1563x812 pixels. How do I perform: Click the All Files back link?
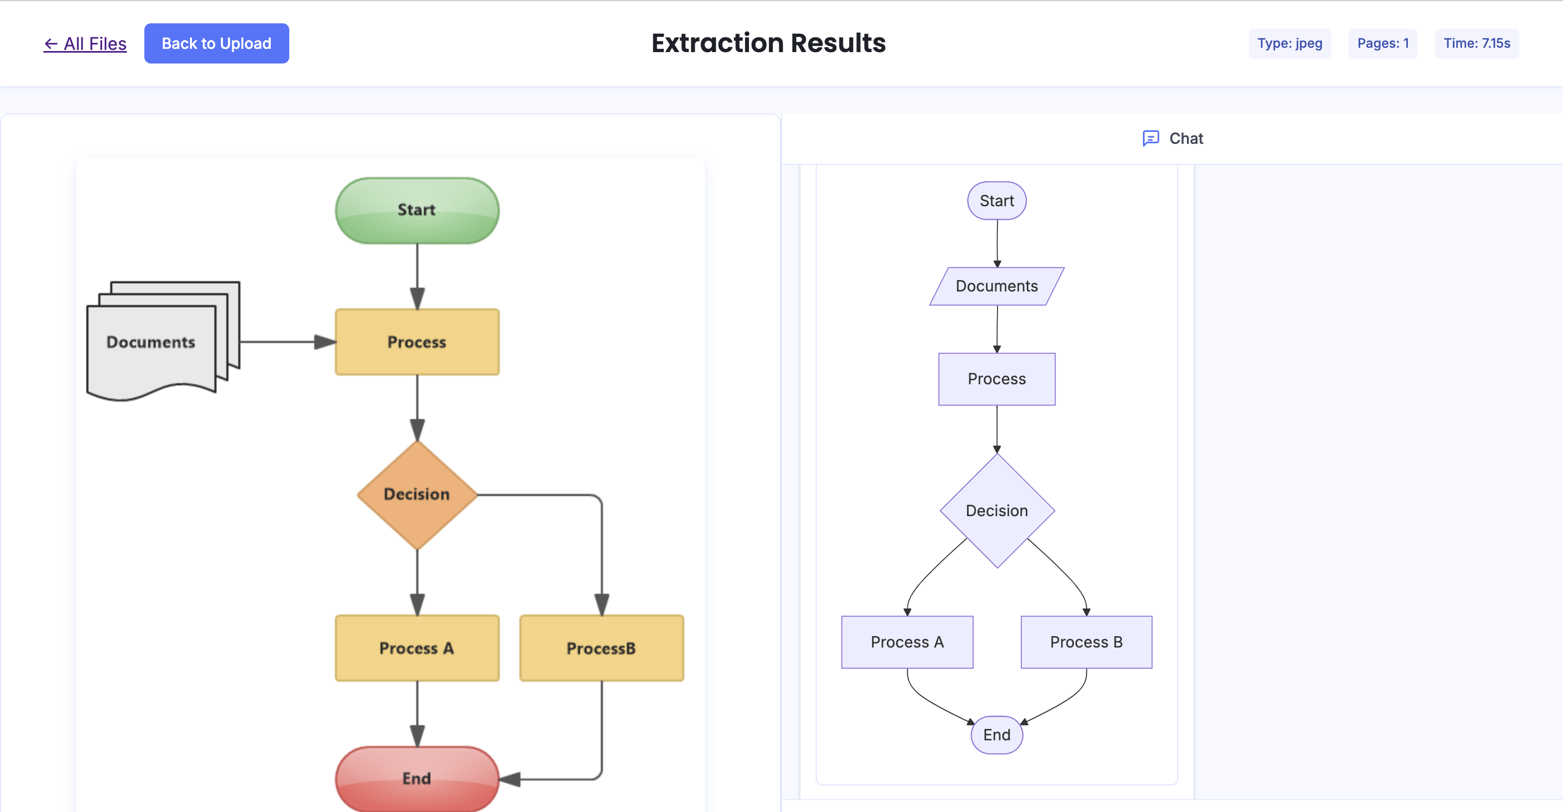click(x=85, y=44)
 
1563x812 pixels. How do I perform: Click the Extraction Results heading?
click(x=768, y=43)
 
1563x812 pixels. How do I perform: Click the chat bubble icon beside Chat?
click(x=1151, y=138)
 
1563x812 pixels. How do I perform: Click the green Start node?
click(x=417, y=210)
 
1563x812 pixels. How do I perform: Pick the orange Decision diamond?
click(x=417, y=494)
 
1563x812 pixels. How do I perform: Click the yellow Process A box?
click(x=417, y=648)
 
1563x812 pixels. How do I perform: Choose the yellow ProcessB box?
click(x=601, y=648)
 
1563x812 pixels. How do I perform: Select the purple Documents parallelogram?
click(x=996, y=286)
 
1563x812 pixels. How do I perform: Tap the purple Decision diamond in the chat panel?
click(x=996, y=510)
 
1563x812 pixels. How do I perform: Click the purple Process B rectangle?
click(x=1085, y=642)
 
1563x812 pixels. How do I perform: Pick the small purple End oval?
click(x=996, y=734)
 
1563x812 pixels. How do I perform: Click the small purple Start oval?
click(x=996, y=200)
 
